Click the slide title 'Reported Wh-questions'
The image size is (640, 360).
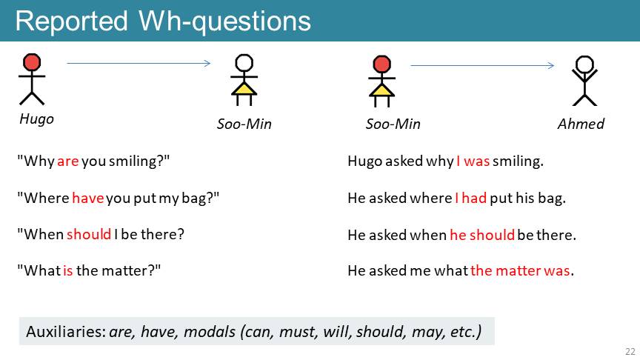[x=163, y=21]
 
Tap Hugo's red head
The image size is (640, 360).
[x=32, y=62]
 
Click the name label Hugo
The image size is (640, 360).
[x=37, y=119]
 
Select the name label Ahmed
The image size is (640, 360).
[x=581, y=124]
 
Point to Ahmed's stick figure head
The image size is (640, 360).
[x=584, y=64]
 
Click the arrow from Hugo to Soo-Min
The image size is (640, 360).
[x=139, y=63]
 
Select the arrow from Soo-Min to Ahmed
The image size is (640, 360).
[x=482, y=65]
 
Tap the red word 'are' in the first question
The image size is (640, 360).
[x=67, y=161]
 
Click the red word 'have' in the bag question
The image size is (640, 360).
[x=88, y=199]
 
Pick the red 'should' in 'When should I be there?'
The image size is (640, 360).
[x=89, y=234]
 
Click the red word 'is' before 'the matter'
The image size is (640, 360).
[x=67, y=270]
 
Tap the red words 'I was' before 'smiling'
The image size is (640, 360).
[x=473, y=161]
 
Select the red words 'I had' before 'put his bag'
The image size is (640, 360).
[x=470, y=199]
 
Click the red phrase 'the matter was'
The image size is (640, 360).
[x=520, y=270]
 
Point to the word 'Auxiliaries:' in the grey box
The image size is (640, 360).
[x=66, y=331]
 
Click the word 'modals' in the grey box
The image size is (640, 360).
[x=210, y=331]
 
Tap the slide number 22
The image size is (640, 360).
[x=630, y=351]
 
